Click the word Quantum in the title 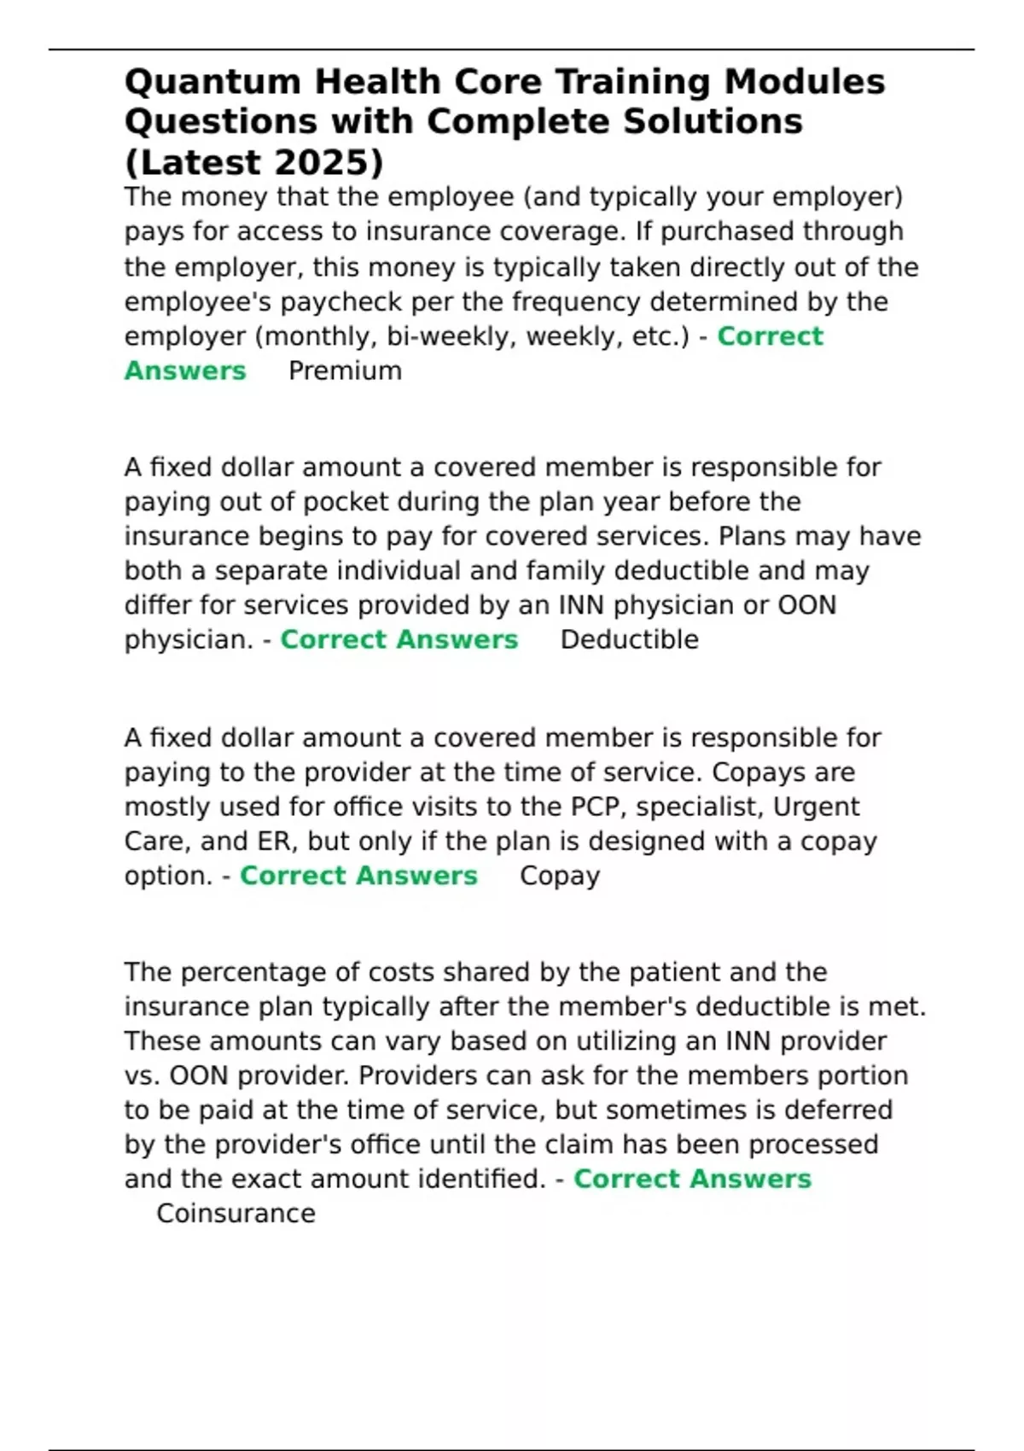pyautogui.click(x=212, y=83)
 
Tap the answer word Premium pyautogui.click(x=345, y=371)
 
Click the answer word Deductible pyautogui.click(x=629, y=640)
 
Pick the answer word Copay pyautogui.click(x=560, y=877)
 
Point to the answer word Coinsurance pyautogui.click(x=236, y=1214)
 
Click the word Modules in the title pyautogui.click(x=805, y=83)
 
